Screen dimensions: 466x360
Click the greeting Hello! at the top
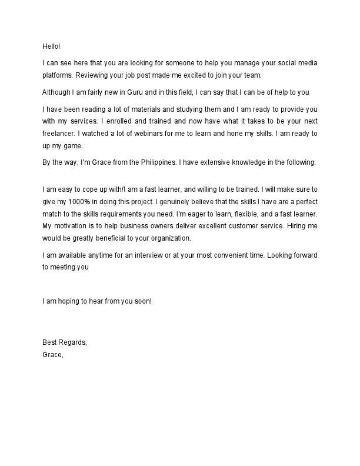pyautogui.click(x=51, y=46)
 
